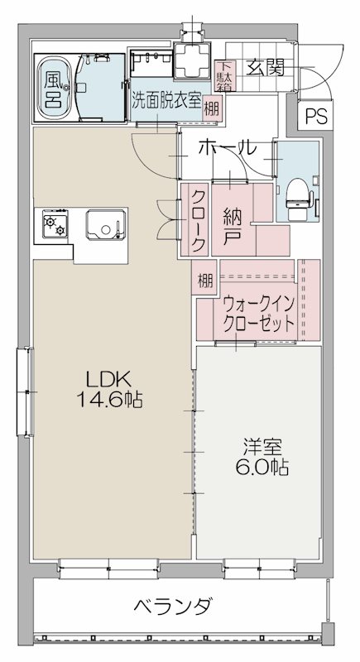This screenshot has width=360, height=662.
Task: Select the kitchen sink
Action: (x=104, y=223)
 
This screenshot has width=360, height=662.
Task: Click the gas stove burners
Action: (x=55, y=223)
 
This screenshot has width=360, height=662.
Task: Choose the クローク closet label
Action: (x=199, y=220)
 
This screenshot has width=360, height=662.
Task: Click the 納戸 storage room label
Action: (x=233, y=223)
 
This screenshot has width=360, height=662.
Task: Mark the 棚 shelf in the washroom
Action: (x=213, y=108)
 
